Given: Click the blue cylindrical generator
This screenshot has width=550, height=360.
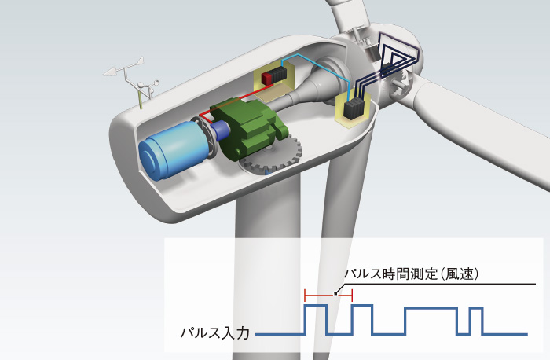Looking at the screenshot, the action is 172,149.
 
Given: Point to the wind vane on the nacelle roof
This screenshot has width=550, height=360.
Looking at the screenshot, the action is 124,72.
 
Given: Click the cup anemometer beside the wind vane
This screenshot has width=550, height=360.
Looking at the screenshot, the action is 148,88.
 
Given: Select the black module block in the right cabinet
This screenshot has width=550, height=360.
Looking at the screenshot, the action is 353,108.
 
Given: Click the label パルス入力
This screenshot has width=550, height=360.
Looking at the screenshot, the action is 214,332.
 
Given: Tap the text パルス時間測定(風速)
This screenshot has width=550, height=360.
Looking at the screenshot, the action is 412,274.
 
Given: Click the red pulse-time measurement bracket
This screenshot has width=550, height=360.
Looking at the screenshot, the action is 328,296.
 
